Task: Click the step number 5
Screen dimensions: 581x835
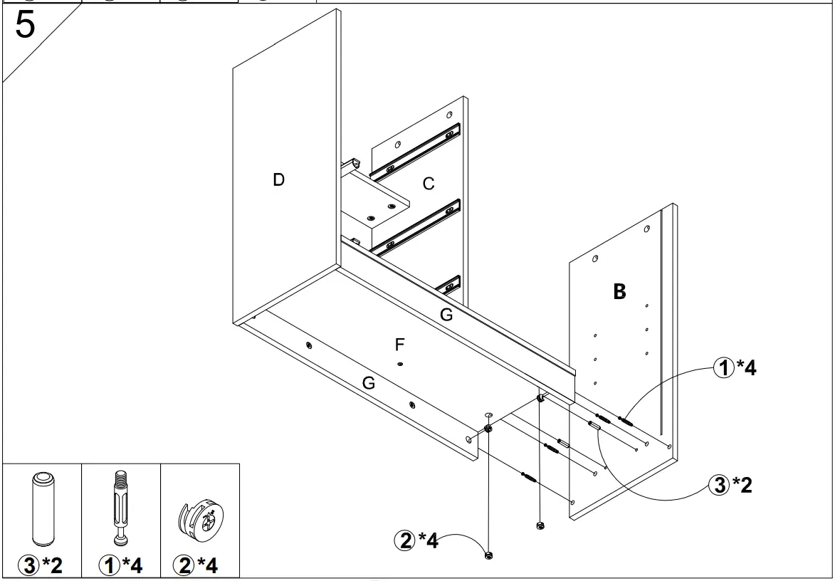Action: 24,26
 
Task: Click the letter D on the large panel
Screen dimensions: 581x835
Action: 279,180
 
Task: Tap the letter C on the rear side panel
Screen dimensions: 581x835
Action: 429,184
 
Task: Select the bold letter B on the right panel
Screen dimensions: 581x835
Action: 619,291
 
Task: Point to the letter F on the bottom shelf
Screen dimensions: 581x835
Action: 400,345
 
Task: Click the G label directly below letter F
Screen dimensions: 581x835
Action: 368,383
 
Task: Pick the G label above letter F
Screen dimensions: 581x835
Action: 446,315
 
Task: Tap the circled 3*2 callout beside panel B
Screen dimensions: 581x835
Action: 729,486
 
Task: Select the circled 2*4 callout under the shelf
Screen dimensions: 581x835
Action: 416,541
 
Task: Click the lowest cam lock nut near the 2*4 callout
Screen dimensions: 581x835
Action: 488,555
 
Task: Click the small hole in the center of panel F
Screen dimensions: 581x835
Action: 401,364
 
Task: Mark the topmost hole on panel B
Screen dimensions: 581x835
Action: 646,229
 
